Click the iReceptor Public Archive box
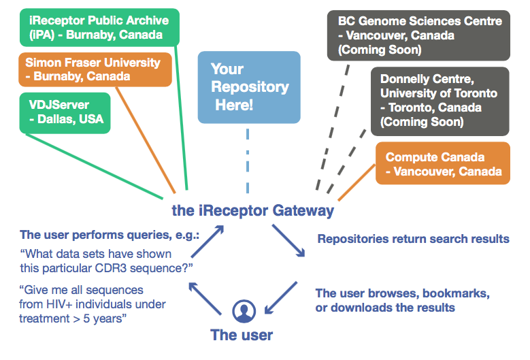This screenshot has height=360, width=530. [99, 27]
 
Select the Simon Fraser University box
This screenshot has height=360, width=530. [95, 69]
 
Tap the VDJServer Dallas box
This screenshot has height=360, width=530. [65, 113]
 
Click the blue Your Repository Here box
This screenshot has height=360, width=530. [249, 87]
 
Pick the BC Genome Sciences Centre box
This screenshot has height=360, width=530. [418, 35]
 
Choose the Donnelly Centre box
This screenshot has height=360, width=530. [440, 101]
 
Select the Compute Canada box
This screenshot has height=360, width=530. [443, 163]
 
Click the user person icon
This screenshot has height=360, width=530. [244, 311]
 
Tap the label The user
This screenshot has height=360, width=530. [242, 335]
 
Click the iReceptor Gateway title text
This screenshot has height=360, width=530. [253, 210]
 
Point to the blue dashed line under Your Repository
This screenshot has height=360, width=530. [248, 161]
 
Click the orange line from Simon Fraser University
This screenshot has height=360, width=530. [146, 140]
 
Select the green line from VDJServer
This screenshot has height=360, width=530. [95, 166]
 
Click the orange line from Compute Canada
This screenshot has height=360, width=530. [357, 182]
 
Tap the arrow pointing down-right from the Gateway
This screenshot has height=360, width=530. [288, 241]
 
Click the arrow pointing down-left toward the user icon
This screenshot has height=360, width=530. [280, 298]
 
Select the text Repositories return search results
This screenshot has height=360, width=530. [413, 239]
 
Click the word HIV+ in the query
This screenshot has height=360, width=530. [60, 304]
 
